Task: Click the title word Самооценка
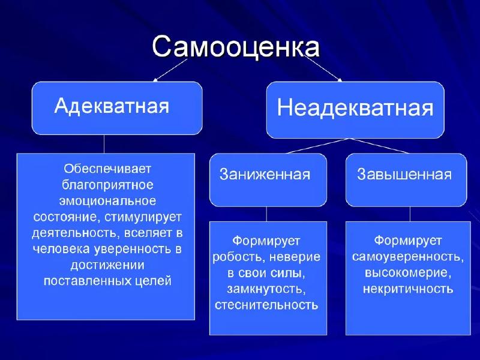point(235,47)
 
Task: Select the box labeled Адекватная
point(116,108)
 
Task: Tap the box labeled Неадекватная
point(355,110)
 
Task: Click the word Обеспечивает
point(108,168)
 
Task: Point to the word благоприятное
point(108,184)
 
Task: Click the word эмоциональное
point(108,200)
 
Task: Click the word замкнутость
point(266,289)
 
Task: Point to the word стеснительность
point(266,305)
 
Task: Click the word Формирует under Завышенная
point(408,241)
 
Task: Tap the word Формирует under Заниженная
point(266,241)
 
